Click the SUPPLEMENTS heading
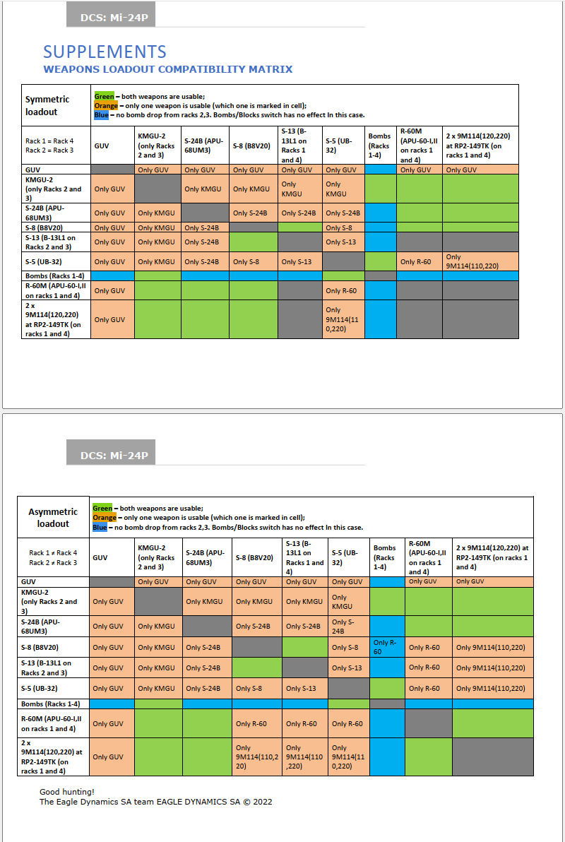[105, 52]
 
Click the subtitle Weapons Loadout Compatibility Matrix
[168, 69]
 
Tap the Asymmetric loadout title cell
[53, 518]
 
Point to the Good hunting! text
[66, 792]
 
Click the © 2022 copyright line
[156, 802]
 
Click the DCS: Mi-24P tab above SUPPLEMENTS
[111, 15]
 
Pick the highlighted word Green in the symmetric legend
[105, 97]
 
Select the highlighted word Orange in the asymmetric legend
[105, 518]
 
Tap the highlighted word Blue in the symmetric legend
[102, 115]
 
